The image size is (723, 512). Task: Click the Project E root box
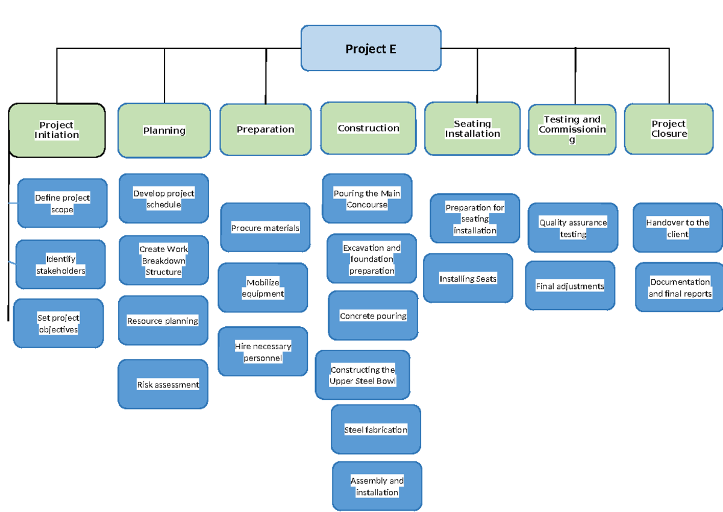click(x=371, y=48)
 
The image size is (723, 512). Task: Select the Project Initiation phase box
click(x=57, y=130)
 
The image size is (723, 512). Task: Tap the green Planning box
click(x=164, y=130)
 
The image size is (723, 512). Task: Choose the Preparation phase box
click(x=265, y=130)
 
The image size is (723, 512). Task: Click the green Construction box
click(x=368, y=128)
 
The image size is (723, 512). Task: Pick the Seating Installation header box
click(x=472, y=129)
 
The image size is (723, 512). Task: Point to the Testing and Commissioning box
click(x=572, y=130)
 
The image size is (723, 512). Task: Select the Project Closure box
click(x=669, y=129)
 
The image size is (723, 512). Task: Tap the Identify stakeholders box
click(x=60, y=265)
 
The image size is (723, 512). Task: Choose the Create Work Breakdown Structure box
click(x=163, y=261)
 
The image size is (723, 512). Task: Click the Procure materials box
click(x=265, y=227)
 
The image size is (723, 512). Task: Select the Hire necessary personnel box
click(x=263, y=352)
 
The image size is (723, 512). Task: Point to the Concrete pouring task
click(x=373, y=315)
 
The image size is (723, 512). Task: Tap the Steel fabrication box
click(x=376, y=429)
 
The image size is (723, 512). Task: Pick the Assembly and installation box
click(x=377, y=486)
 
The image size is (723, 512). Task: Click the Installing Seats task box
click(x=468, y=278)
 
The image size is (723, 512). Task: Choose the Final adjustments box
click(x=570, y=286)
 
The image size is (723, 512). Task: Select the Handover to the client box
click(x=678, y=228)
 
